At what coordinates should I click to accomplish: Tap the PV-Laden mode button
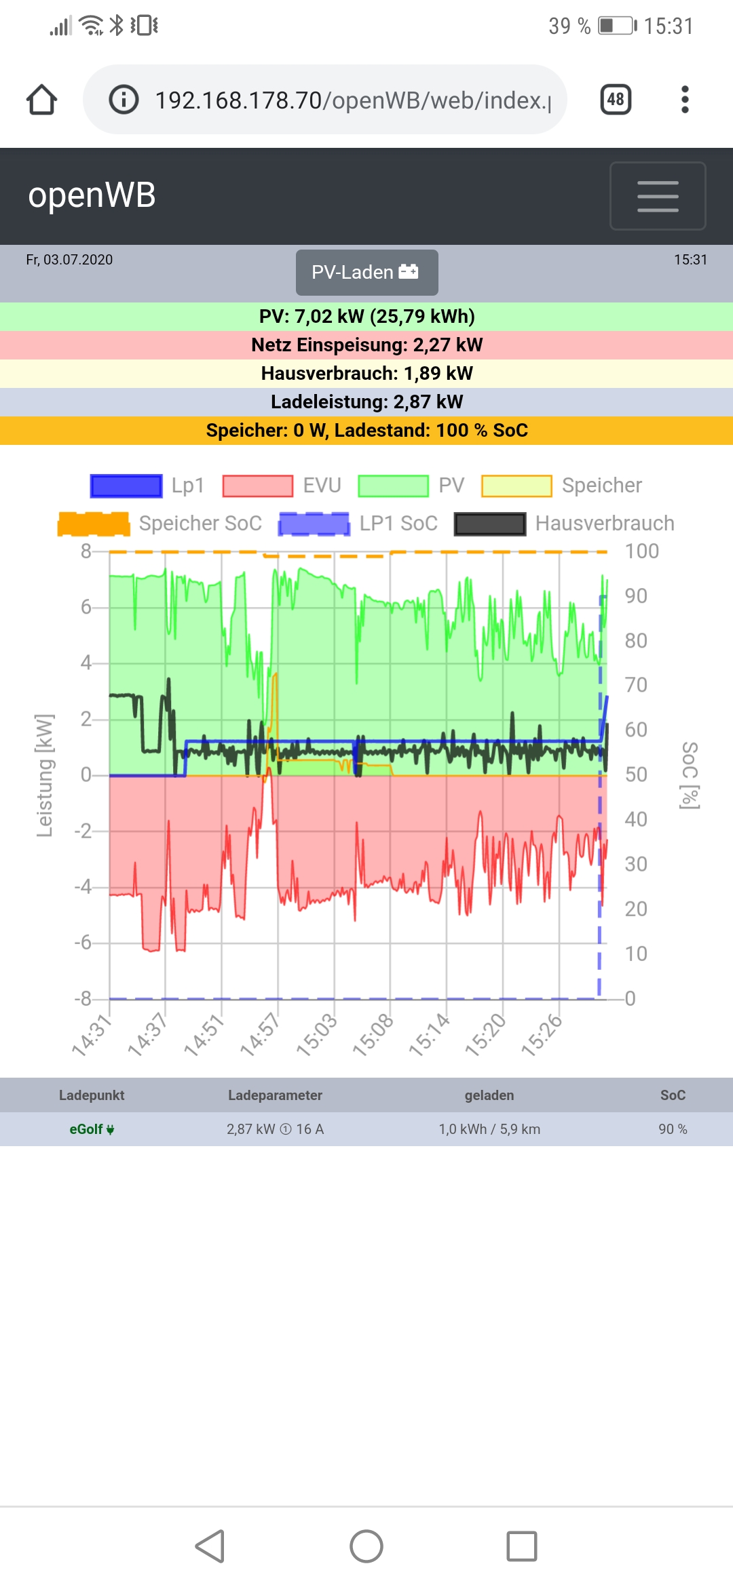(366, 273)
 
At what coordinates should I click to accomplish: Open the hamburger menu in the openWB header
(657, 196)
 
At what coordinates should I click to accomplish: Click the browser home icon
(42, 100)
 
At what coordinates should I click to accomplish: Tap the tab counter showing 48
(616, 100)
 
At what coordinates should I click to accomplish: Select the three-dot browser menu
(685, 100)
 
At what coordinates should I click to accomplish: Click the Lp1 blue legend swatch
(126, 486)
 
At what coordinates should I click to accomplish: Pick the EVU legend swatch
(258, 486)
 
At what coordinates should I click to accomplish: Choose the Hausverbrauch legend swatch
(489, 524)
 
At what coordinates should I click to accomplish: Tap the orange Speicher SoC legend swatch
(94, 524)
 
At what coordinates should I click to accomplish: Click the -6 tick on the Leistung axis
(83, 942)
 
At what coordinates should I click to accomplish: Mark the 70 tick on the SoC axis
(636, 685)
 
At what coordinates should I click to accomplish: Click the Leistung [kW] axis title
(45, 775)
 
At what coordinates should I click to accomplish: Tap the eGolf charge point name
(91, 1129)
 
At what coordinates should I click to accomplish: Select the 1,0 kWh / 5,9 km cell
(489, 1129)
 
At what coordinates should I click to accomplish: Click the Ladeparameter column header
(275, 1095)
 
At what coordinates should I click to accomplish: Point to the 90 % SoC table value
(673, 1129)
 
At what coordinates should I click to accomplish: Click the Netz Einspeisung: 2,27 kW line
(366, 345)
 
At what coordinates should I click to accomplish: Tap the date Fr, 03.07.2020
(69, 260)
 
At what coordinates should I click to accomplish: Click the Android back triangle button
(210, 1546)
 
